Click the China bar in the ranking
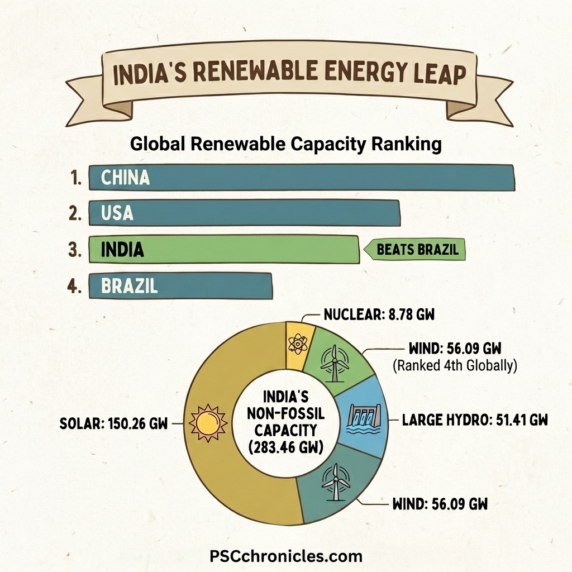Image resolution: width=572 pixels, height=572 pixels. pyautogui.click(x=302, y=178)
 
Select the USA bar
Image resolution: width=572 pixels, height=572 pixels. pyautogui.click(x=245, y=213)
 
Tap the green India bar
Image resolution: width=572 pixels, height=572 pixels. pyautogui.click(x=223, y=249)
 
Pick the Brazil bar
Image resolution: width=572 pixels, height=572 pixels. pyautogui.click(x=180, y=285)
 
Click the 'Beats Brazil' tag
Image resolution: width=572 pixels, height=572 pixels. pyautogui.click(x=416, y=249)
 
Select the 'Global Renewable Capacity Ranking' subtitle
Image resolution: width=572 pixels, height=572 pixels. pyautogui.click(x=285, y=144)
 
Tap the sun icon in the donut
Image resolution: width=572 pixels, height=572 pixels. pyautogui.click(x=208, y=423)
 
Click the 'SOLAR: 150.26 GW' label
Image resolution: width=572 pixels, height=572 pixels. pyautogui.click(x=113, y=423)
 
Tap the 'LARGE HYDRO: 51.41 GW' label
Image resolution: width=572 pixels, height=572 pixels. pyautogui.click(x=474, y=420)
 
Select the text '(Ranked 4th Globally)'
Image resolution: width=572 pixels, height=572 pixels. pyautogui.click(x=453, y=366)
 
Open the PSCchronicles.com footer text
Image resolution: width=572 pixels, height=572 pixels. pyautogui.click(x=285, y=556)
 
